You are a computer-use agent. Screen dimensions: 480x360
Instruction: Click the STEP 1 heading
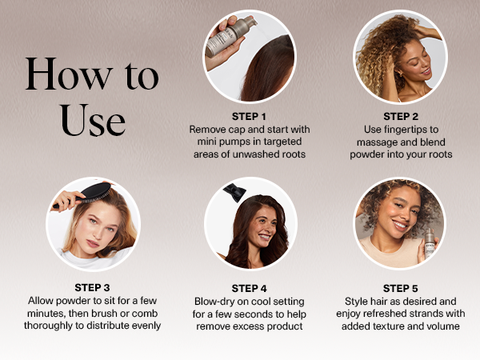click(x=249, y=117)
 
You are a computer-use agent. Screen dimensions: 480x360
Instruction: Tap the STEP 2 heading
click(x=401, y=117)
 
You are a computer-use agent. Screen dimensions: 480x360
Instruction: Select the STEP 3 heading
click(x=92, y=288)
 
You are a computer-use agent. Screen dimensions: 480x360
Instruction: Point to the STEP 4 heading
click(x=249, y=288)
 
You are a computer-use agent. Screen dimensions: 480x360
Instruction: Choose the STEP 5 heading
click(x=401, y=288)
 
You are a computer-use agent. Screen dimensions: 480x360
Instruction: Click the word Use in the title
click(x=93, y=120)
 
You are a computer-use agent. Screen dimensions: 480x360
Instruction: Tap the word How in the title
click(x=69, y=74)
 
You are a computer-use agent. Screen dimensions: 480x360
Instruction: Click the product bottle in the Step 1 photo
click(x=230, y=36)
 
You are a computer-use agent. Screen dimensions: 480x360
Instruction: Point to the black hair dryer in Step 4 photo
click(x=234, y=193)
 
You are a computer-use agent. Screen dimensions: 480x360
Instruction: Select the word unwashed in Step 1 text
click(x=253, y=154)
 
